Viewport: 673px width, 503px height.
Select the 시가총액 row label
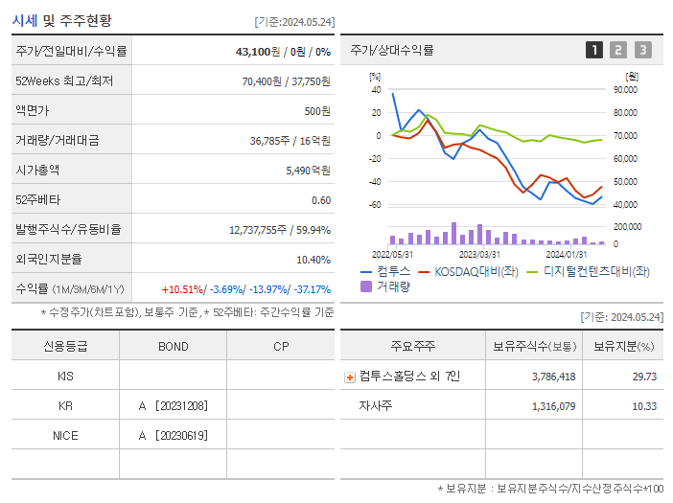(x=37, y=170)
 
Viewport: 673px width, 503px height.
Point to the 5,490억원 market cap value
(x=308, y=170)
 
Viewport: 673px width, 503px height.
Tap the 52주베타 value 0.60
(x=321, y=200)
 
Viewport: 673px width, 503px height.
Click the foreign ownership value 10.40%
(x=313, y=260)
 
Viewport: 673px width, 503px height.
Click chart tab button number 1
(x=594, y=50)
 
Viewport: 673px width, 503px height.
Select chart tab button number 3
(x=642, y=50)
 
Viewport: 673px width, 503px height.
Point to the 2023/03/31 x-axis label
(x=479, y=254)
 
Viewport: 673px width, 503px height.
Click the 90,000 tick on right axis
(x=625, y=90)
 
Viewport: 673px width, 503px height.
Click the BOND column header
(x=173, y=347)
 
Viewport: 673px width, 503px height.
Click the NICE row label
(x=65, y=436)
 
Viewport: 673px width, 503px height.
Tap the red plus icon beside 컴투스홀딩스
(x=350, y=377)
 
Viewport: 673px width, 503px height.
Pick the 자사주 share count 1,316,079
(x=553, y=407)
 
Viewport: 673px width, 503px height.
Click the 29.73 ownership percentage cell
(x=644, y=377)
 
